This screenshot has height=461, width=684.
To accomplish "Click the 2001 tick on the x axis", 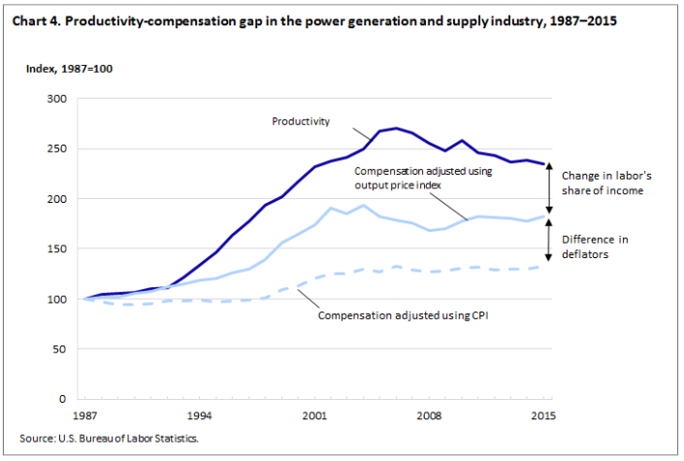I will click(x=312, y=416).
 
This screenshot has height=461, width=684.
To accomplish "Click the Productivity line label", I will click(x=301, y=121).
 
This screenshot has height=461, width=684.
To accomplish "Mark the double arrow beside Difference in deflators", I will click(x=550, y=239).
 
